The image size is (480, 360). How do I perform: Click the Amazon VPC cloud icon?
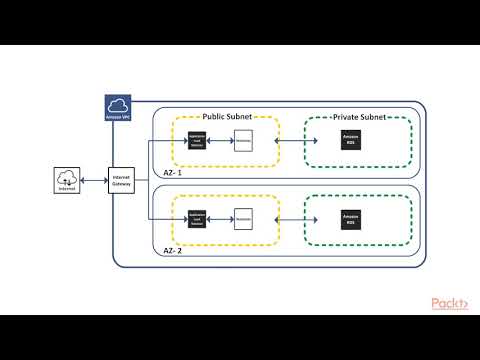click(119, 108)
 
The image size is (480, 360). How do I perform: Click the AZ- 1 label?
click(172, 171)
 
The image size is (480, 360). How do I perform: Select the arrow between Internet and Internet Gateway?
click(94, 180)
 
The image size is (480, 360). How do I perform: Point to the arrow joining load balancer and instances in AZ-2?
click(220, 215)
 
